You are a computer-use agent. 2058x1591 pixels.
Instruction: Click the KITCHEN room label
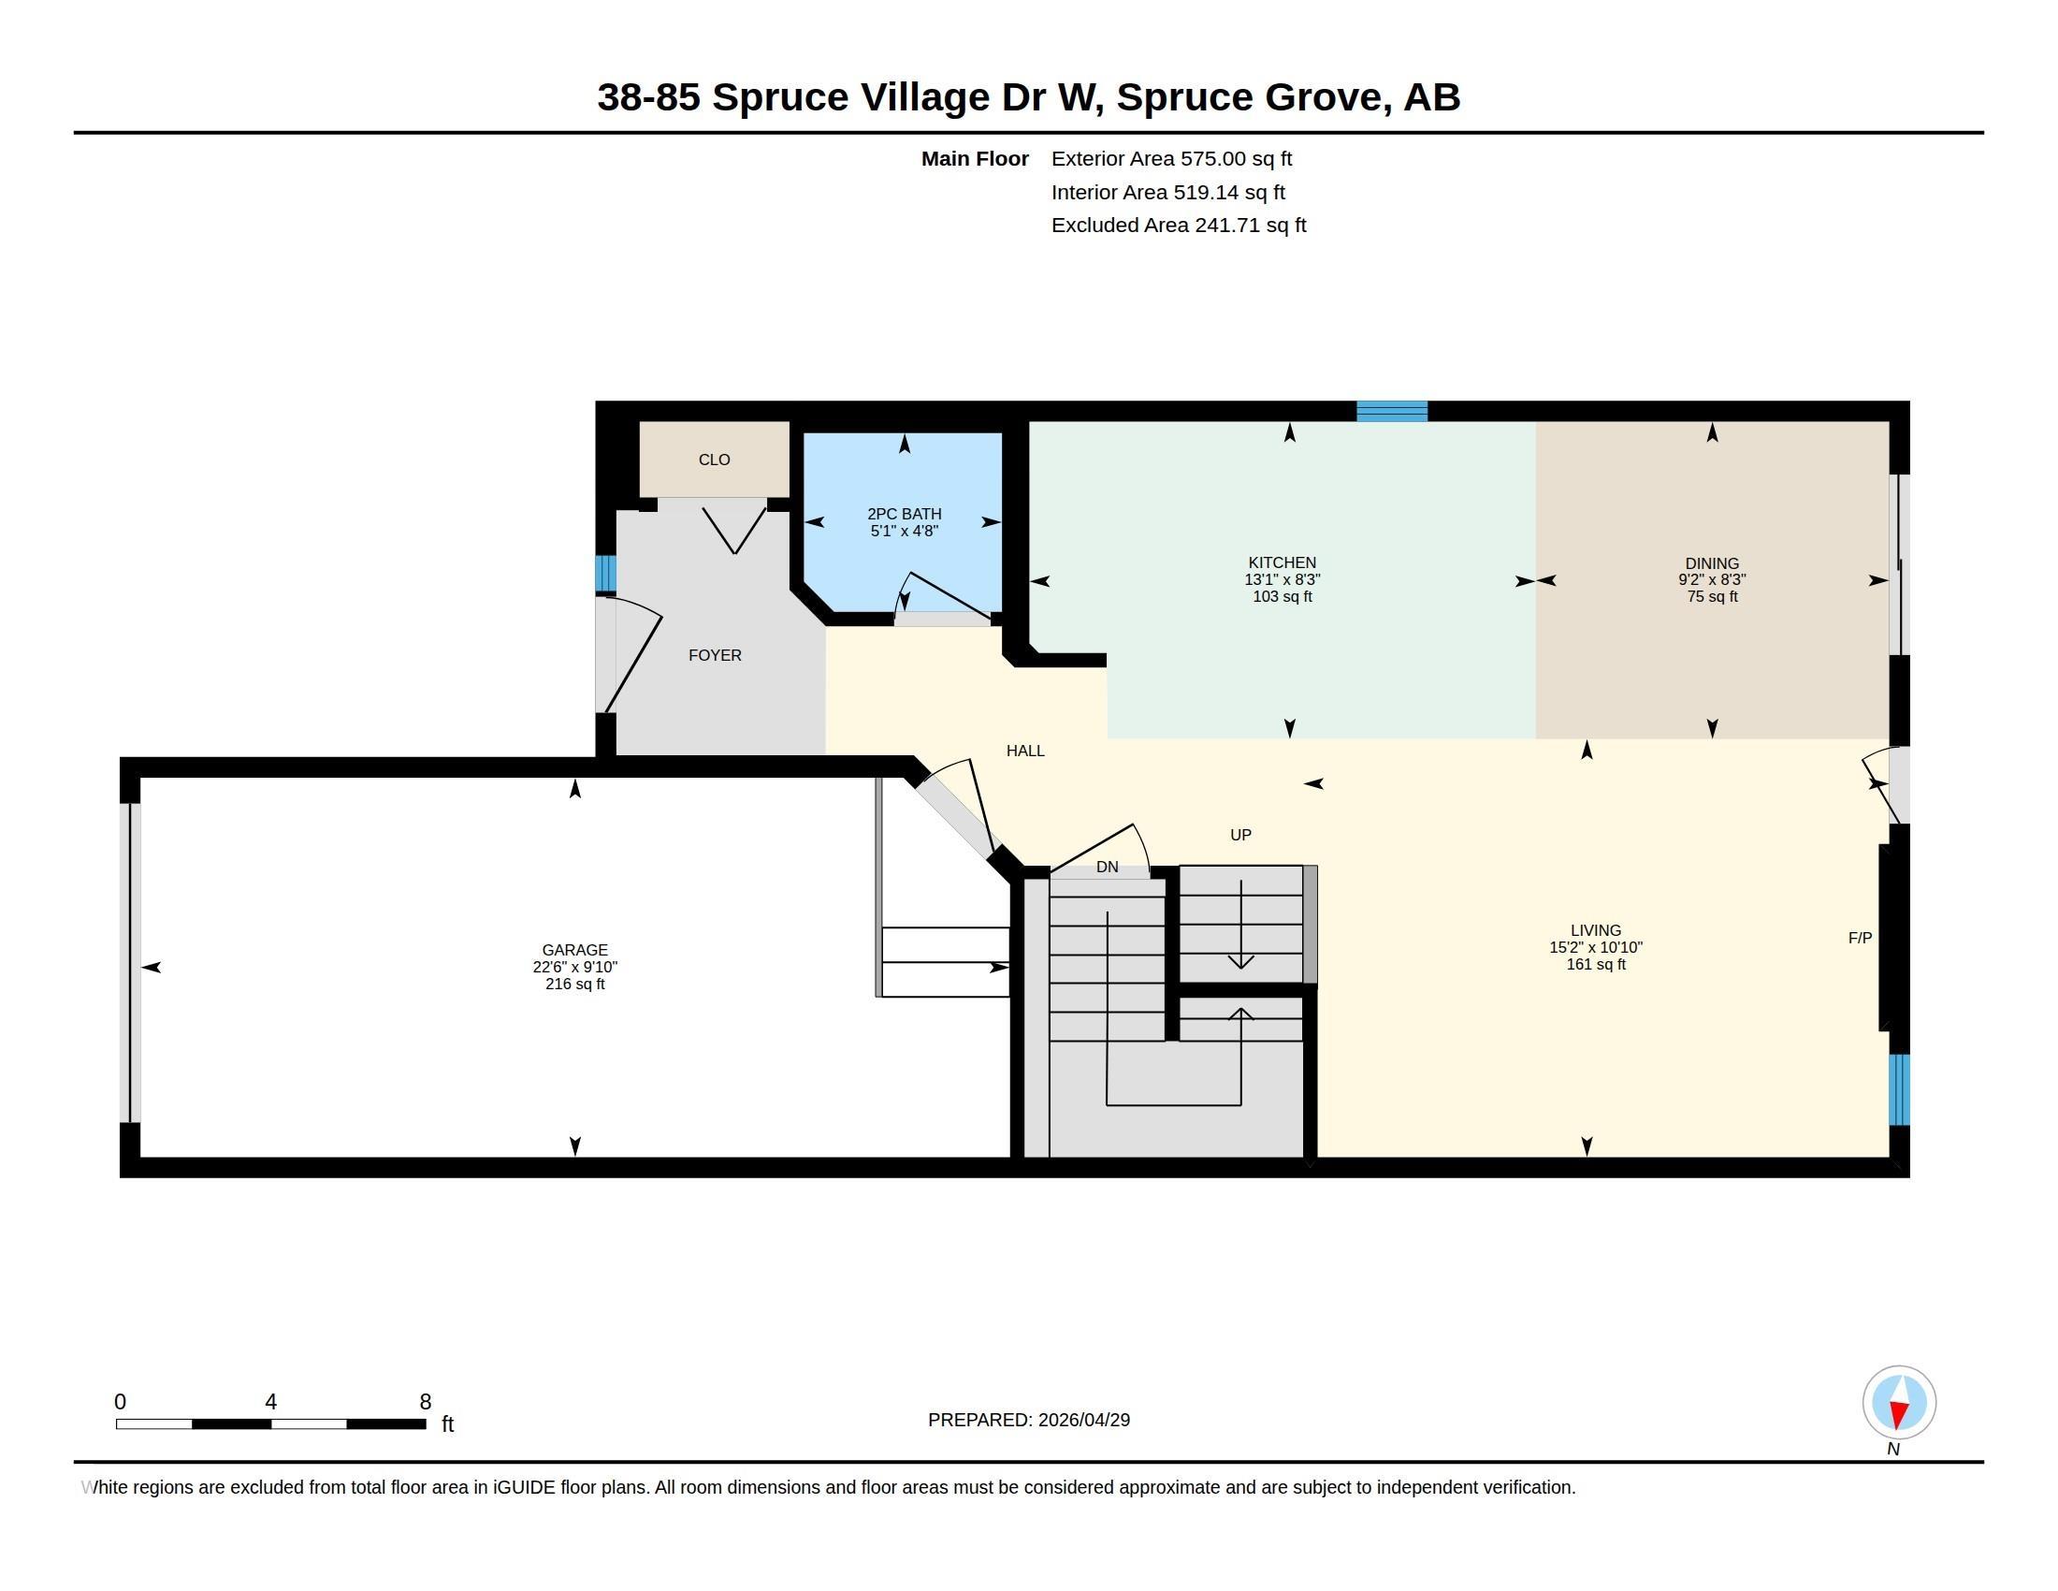point(1282,562)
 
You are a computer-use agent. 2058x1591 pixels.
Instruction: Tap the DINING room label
point(1712,563)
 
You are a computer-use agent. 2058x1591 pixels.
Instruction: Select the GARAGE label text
point(574,950)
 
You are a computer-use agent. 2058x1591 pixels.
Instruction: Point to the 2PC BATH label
point(905,514)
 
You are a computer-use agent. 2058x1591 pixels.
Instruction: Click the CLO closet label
point(715,460)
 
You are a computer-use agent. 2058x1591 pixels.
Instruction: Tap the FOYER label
point(716,655)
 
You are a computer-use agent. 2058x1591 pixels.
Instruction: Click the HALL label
point(1025,752)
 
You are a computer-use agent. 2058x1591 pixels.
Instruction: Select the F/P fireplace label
point(1860,938)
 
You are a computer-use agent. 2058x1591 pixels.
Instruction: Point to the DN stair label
point(1108,868)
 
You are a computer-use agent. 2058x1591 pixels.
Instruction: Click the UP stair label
point(1241,835)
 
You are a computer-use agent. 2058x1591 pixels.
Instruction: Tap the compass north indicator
point(1899,1404)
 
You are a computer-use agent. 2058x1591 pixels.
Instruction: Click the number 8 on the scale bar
point(425,1402)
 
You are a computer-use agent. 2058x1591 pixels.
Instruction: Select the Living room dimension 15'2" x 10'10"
point(1596,947)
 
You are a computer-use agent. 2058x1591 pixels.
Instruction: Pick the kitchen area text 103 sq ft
point(1283,597)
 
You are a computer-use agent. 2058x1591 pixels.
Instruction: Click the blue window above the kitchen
point(1392,411)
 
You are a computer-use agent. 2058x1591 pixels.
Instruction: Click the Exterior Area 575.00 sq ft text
point(1171,159)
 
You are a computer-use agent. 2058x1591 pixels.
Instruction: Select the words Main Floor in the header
point(976,159)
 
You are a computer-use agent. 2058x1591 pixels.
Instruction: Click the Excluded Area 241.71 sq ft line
point(1179,226)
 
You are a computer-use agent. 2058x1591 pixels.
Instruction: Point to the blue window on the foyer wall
point(606,573)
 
